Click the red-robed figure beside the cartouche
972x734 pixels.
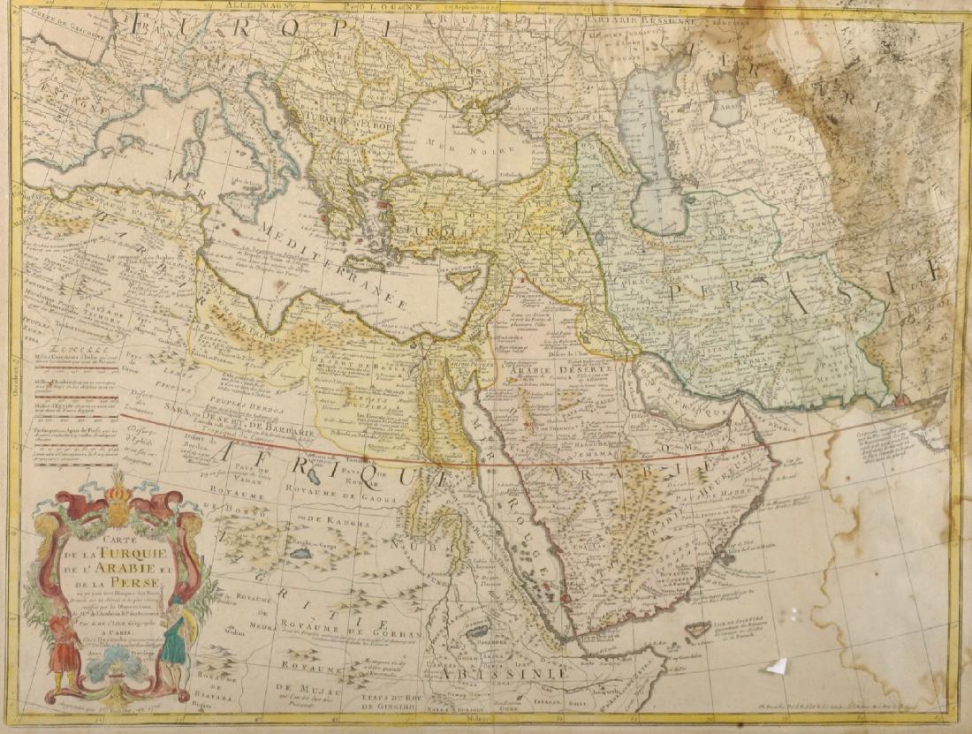pyautogui.click(x=64, y=648)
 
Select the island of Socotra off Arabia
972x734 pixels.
pyautogui.click(x=699, y=629)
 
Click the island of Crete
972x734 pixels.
pyautogui.click(x=365, y=263)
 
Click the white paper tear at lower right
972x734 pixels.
pyautogui.click(x=778, y=667)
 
